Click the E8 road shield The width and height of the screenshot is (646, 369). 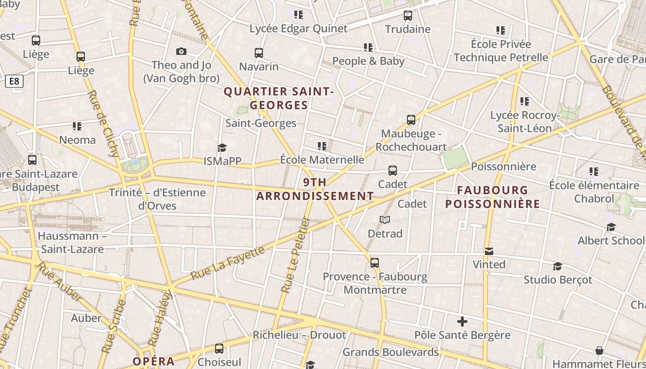click(14, 82)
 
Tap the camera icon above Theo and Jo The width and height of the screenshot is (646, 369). click(181, 51)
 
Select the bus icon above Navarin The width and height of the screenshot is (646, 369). click(259, 53)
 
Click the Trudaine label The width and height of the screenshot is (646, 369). click(408, 29)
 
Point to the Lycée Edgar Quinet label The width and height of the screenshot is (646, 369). click(298, 29)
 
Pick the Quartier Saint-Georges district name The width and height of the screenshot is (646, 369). click(279, 98)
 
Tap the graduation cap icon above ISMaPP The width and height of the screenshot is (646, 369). click(222, 148)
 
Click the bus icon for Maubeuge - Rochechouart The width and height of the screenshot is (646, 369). click(411, 120)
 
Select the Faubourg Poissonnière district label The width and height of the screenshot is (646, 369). click(493, 197)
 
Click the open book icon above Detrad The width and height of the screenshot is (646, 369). click(385, 220)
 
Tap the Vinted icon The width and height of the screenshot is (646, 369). click(489, 251)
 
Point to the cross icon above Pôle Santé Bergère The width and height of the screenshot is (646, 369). click(462, 321)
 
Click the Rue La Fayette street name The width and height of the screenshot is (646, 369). click(228, 263)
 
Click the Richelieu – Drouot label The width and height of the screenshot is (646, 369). click(299, 335)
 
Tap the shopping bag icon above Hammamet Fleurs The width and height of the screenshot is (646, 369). click(599, 351)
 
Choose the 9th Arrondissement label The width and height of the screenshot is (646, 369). click(315, 189)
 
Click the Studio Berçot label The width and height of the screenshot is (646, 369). click(557, 280)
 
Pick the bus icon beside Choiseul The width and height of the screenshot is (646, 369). click(219, 349)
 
